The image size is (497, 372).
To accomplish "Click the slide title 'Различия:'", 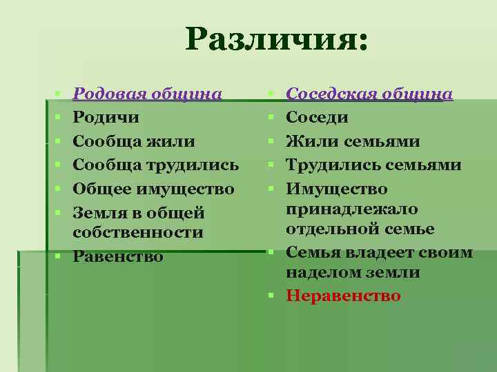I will [277, 40].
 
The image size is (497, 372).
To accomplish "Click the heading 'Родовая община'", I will [148, 94].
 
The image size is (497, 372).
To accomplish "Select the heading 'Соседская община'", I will [369, 94].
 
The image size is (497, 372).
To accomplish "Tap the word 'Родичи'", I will [106, 117].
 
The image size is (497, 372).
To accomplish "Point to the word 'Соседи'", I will [317, 117].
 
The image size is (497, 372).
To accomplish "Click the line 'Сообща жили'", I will [134, 141].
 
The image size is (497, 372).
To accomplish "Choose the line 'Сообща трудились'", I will [156, 165].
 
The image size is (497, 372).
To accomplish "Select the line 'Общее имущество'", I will [153, 189].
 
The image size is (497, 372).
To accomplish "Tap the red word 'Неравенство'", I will [343, 296].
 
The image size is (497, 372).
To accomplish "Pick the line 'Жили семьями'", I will [353, 141].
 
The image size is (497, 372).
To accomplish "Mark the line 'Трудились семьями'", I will [373, 165].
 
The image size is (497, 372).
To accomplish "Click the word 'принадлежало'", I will [352, 209].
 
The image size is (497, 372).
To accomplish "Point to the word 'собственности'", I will [138, 232].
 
